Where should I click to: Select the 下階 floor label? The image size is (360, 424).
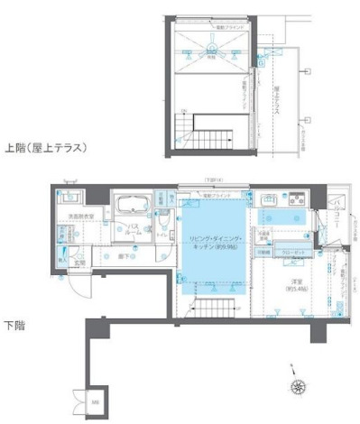pos(14,324)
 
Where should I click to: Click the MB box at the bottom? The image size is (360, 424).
pos(96,402)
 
